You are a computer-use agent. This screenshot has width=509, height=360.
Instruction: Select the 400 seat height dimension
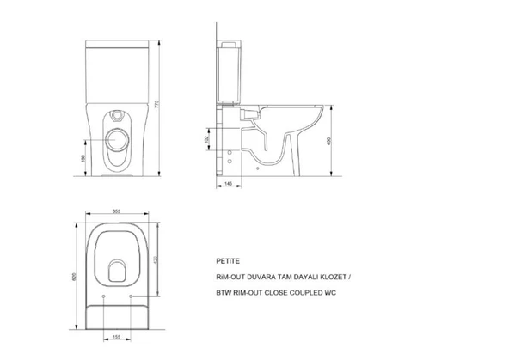[343, 142]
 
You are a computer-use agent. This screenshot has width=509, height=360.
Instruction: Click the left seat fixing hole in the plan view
[103, 297]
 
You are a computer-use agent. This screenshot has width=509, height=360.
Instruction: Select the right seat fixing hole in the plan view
[130, 297]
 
